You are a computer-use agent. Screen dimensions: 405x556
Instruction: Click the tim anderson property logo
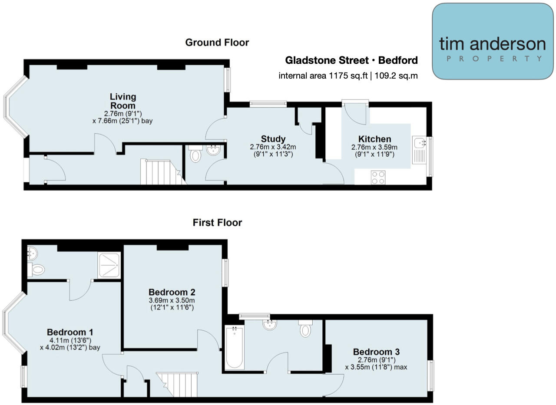tap(493, 42)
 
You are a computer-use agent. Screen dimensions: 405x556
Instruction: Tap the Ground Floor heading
tap(217, 43)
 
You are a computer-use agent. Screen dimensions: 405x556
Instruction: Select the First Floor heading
tap(217, 223)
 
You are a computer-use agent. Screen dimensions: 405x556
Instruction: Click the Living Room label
tap(122, 101)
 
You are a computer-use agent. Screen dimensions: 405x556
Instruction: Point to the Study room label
tap(273, 139)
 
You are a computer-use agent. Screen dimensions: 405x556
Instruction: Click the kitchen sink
tap(420, 143)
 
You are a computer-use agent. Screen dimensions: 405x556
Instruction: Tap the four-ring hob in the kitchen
tap(378, 177)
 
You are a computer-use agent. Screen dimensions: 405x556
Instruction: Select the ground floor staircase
tap(159, 172)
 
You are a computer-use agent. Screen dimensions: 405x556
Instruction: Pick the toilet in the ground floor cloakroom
tap(196, 155)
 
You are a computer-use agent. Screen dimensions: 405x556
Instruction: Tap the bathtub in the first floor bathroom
tap(233, 347)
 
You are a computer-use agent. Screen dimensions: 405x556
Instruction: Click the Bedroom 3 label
tap(376, 352)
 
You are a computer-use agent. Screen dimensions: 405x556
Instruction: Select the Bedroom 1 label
tap(70, 332)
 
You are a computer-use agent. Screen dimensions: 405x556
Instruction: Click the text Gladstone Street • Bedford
tap(351, 60)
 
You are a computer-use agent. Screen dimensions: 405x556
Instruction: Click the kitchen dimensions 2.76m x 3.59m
tap(374, 147)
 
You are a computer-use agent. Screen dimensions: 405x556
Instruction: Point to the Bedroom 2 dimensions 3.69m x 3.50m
tap(172, 300)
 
